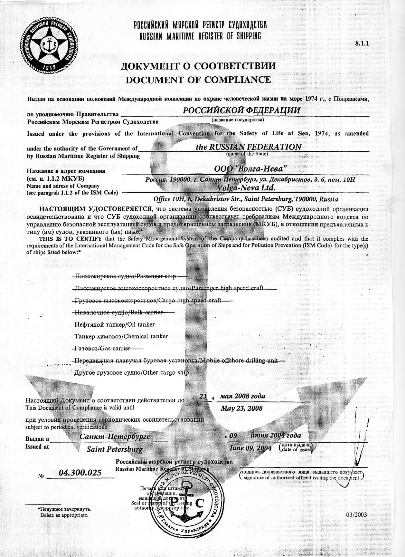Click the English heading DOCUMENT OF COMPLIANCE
pos(198,80)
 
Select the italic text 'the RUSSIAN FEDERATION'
pos(249,147)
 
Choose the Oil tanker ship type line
pos(115,324)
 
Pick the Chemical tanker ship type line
pos(121,336)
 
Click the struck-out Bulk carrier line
pos(118,312)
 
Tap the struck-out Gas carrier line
pos(102,349)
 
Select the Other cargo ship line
pos(131,373)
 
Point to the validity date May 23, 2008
pos(241,408)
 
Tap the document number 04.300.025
pos(80,473)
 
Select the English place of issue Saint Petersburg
pos(115,449)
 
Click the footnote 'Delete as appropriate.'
pos(64,515)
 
